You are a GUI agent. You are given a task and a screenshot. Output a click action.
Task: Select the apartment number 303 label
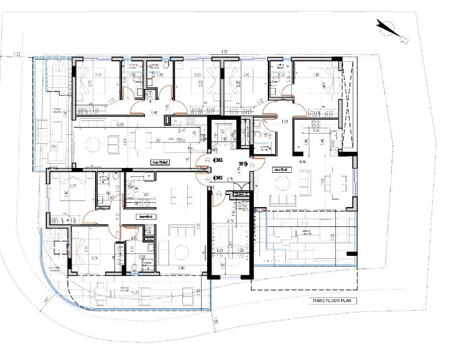point(219,161)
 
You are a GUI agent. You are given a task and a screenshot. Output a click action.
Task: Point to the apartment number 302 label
point(219,178)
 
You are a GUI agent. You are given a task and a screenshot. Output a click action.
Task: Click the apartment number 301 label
point(243,163)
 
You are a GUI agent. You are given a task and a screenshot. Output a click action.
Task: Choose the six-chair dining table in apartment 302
point(178,194)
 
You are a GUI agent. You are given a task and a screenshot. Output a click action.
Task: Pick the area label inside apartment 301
point(283,170)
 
